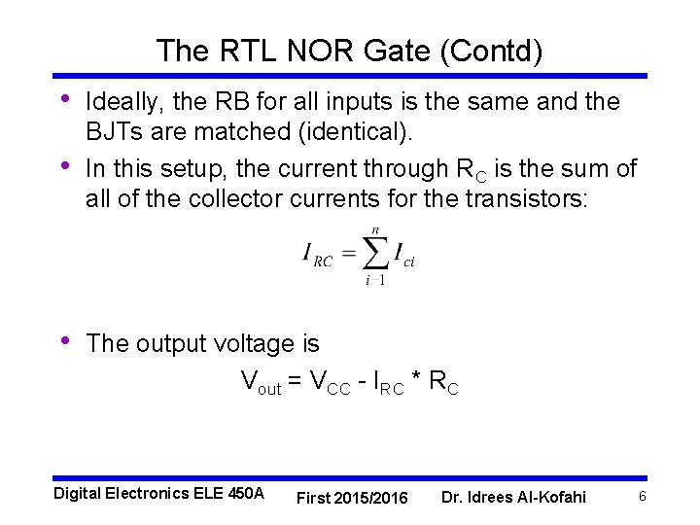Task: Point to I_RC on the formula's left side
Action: (x=317, y=256)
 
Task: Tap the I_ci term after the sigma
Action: (x=403, y=256)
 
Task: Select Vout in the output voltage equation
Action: (x=261, y=383)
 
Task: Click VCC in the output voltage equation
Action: (x=330, y=383)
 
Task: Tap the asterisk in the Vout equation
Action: (x=415, y=381)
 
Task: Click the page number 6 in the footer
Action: (x=642, y=497)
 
